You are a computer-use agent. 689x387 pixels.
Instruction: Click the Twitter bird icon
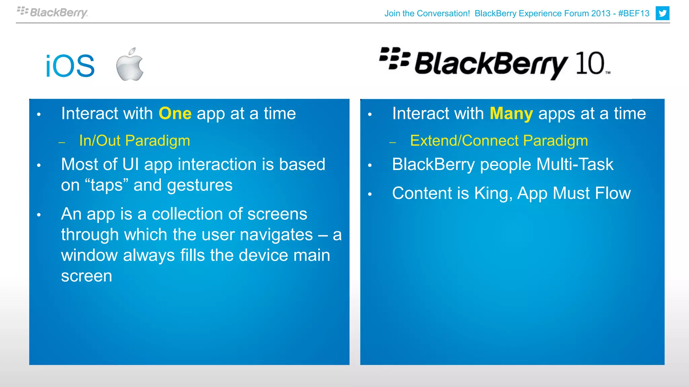tap(662, 13)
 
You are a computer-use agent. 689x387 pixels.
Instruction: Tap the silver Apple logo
tap(130, 64)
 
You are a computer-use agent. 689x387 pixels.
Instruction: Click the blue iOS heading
tap(70, 66)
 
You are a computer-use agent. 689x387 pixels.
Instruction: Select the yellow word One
tap(175, 114)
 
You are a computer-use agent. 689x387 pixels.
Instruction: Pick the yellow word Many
tap(511, 114)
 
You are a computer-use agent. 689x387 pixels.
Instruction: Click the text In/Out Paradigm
tap(135, 141)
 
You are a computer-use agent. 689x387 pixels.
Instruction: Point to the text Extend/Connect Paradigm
tap(499, 141)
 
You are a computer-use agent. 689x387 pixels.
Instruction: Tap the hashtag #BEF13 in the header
tap(633, 13)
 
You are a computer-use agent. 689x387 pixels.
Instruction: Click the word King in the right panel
tap(493, 193)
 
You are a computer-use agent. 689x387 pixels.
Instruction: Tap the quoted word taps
tap(107, 185)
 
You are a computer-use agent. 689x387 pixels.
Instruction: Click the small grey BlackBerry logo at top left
tap(52, 12)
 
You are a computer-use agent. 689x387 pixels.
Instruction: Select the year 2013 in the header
tap(601, 13)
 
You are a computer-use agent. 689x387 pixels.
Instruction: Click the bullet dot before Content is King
tap(370, 194)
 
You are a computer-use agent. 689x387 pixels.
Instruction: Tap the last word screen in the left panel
tap(86, 276)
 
